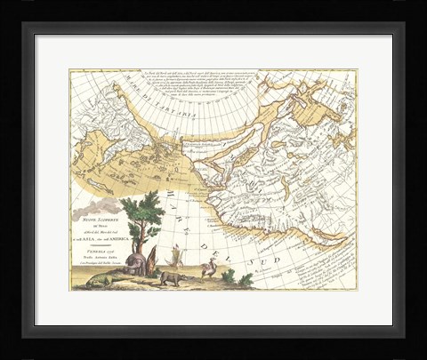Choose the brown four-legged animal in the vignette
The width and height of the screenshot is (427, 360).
[x=169, y=277]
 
